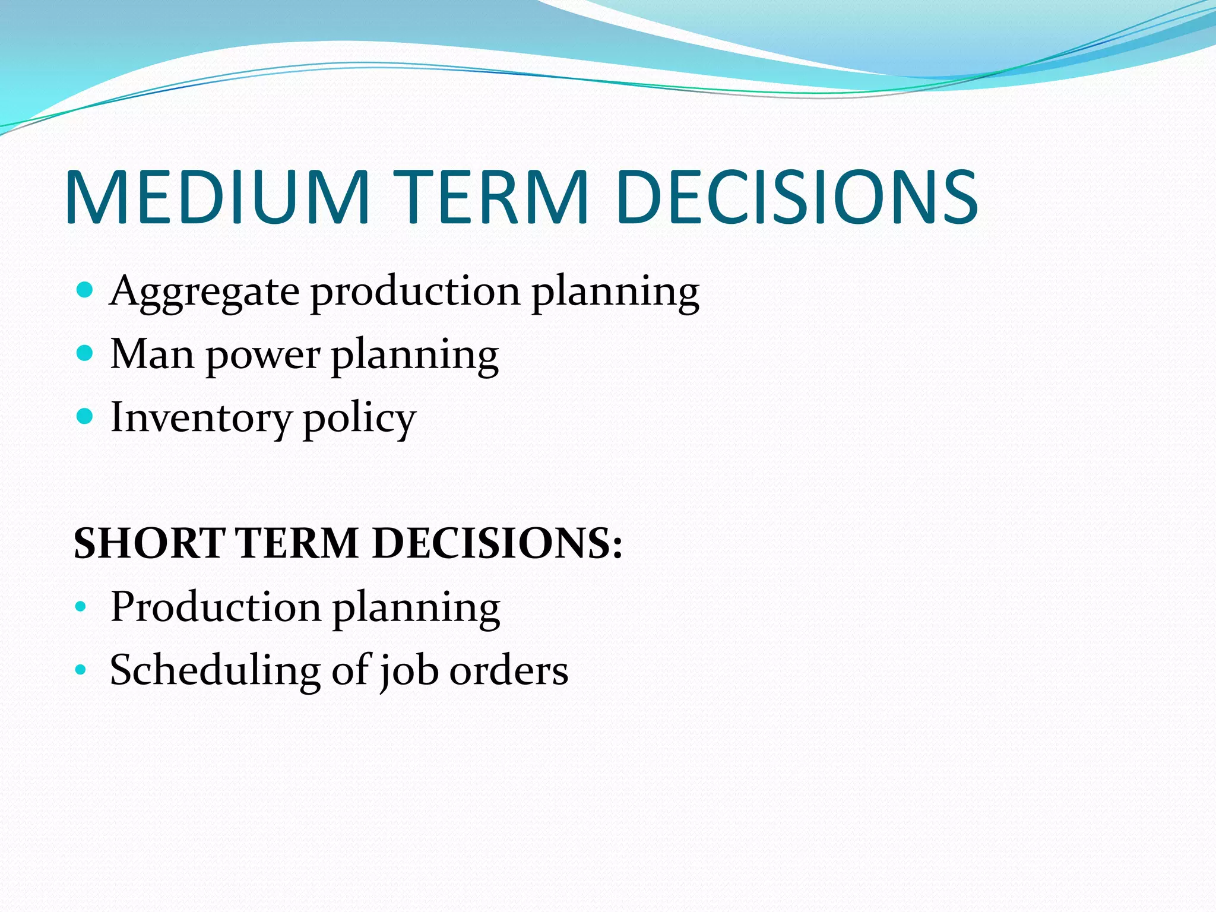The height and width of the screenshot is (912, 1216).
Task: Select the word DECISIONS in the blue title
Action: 796,197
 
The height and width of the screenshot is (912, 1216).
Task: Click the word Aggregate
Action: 204,293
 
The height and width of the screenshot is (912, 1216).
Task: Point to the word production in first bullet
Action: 416,292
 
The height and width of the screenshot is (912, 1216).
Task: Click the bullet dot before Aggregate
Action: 85,290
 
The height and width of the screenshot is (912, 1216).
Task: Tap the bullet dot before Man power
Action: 85,354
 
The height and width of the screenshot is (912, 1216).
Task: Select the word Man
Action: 152,354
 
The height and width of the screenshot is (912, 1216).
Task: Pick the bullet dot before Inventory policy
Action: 85,417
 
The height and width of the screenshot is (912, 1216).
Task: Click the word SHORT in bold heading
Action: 149,543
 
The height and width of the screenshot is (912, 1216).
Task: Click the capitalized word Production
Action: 216,607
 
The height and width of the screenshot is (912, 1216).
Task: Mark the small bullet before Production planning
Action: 81,607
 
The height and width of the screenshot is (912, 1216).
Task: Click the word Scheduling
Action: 215,671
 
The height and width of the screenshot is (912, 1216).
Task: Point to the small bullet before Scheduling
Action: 81,670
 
